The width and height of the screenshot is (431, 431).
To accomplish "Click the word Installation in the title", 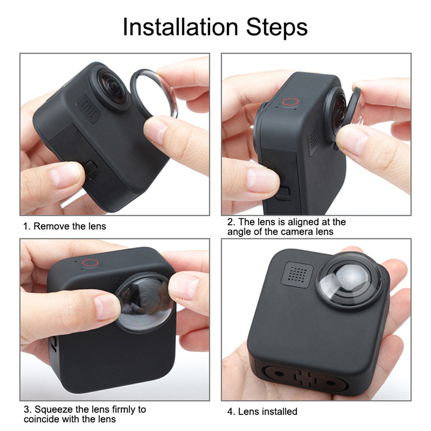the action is pos(180,27).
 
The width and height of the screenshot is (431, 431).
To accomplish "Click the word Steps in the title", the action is pos(277,27).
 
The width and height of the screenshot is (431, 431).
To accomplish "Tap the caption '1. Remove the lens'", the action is pos(65,226).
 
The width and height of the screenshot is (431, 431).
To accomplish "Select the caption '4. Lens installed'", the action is pos(262,412).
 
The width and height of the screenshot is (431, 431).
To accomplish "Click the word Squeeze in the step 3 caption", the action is pos(54,409).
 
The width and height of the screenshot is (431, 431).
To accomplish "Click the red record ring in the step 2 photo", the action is pos(290,102).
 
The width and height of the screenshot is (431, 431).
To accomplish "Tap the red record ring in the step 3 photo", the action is pos(90,262).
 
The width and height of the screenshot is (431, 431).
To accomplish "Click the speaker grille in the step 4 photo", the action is pos(297,274).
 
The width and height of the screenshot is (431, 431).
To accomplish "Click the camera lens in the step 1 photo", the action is pos(113,88).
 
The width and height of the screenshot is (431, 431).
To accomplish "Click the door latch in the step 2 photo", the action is pos(283,193).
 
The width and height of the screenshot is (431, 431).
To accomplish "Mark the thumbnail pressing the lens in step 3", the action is pos(107,307).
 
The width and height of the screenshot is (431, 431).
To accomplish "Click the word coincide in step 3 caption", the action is pos(42,419).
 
